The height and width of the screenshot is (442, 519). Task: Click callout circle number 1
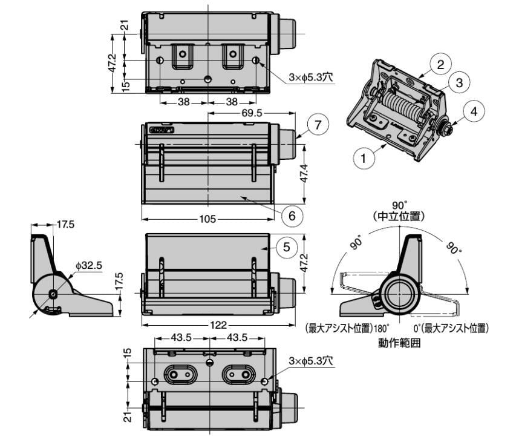364,159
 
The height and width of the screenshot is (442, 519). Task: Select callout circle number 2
441,64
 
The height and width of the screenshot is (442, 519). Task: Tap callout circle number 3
459,82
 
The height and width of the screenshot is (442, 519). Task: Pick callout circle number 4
474,111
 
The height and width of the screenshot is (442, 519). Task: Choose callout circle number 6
292,214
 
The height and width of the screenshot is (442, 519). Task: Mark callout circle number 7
317,125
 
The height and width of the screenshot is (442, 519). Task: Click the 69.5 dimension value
250,113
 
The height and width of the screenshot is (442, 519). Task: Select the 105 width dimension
207,219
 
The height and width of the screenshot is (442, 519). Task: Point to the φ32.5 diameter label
89,265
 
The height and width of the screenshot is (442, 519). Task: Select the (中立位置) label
399,216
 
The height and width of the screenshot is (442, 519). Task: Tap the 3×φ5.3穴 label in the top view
311,78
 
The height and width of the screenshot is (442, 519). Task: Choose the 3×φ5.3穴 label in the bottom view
311,361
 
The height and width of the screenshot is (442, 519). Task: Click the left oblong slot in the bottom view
175,375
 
